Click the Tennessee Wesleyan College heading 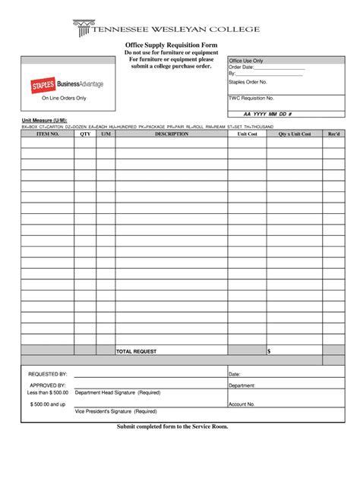[190, 29]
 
